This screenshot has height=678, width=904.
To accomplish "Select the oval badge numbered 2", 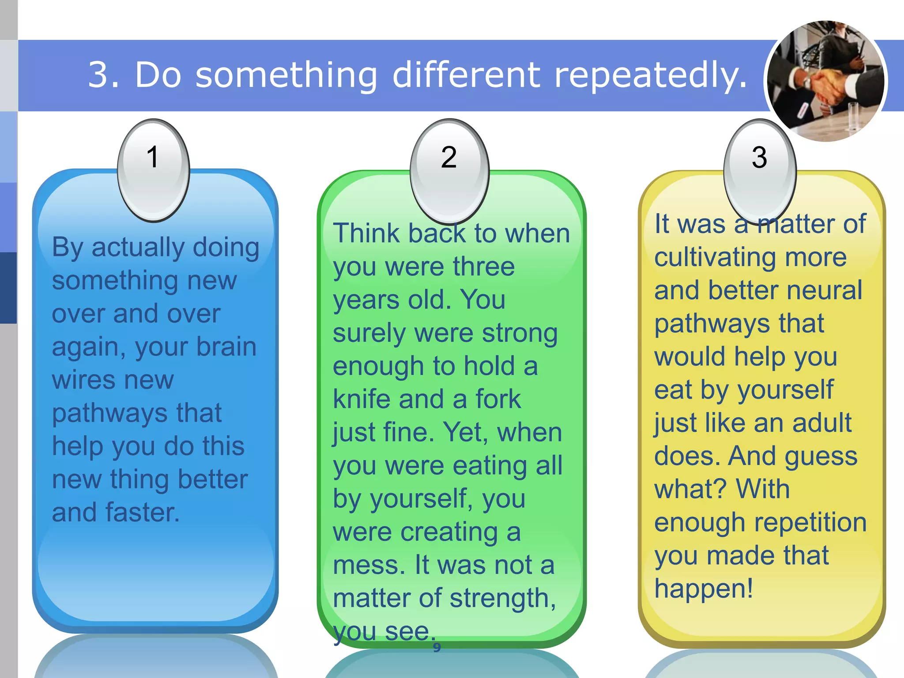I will pyautogui.click(x=449, y=171).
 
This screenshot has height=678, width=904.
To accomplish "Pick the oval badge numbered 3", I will pyautogui.click(x=760, y=171).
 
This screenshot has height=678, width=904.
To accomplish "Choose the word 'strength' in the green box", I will pyautogui.click(x=502, y=599).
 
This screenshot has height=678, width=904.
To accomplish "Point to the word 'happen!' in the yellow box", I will pyautogui.click(x=704, y=589).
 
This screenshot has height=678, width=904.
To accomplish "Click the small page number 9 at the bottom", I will pyautogui.click(x=437, y=648).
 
